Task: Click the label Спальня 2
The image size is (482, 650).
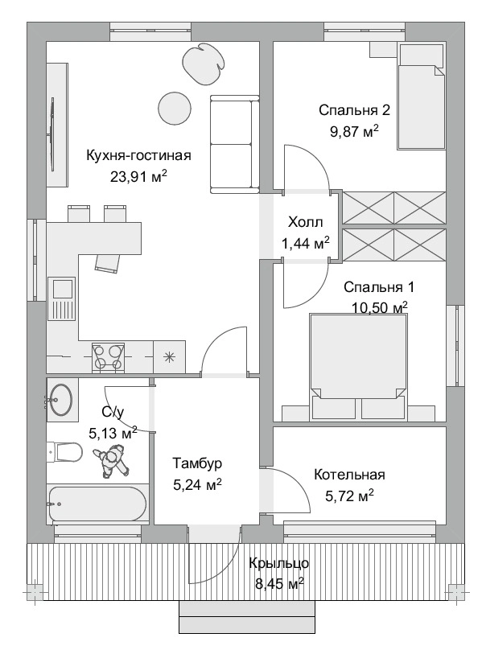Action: point(354,110)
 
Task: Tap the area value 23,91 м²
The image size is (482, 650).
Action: point(138,177)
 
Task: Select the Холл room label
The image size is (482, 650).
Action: point(305,222)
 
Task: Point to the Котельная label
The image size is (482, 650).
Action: point(349,475)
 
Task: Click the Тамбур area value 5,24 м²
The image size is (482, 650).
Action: point(197,484)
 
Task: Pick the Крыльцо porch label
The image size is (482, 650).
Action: point(278,564)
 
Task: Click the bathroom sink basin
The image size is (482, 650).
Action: point(60,400)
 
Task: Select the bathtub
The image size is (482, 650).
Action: point(97,504)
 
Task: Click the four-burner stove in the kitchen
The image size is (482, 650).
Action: point(109,357)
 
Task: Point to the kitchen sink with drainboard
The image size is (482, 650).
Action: point(61,299)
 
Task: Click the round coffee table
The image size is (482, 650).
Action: point(175,108)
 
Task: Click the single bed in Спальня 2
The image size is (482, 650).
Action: point(422,97)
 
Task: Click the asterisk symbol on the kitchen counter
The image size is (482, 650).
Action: point(169,357)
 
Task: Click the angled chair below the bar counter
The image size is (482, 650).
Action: point(109,264)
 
